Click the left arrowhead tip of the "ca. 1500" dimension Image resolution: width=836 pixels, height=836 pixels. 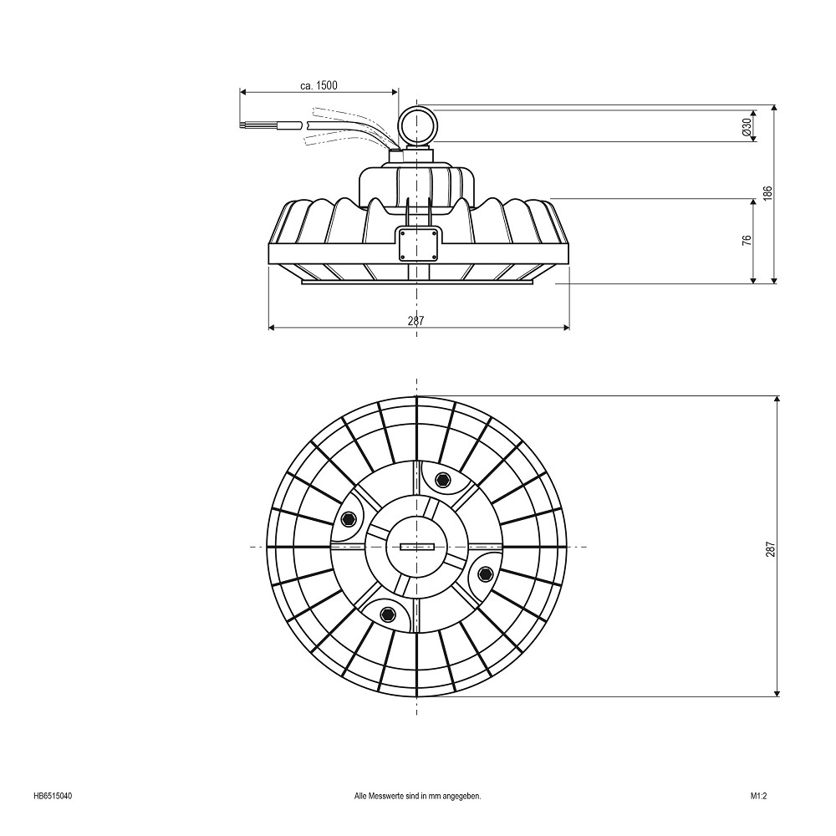click(x=240, y=92)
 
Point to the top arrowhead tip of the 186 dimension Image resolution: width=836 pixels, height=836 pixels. click(x=774, y=105)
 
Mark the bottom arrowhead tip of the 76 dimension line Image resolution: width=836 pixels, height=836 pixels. click(x=753, y=283)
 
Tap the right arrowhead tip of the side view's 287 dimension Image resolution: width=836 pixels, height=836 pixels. click(x=569, y=328)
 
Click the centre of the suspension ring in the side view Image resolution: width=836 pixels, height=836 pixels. click(x=417, y=126)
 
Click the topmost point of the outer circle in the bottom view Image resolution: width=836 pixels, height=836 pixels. click(x=417, y=396)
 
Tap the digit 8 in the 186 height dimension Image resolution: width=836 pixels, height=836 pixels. click(x=767, y=192)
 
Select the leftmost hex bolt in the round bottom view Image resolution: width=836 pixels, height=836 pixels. click(x=349, y=519)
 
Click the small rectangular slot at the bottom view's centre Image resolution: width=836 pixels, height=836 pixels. click(x=417, y=547)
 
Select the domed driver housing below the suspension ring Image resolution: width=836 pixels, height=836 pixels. click(x=417, y=183)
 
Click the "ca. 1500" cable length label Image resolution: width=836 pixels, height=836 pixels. click(x=319, y=85)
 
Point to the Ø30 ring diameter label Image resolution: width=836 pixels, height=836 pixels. click(x=747, y=126)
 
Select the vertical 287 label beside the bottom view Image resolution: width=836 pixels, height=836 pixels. click(x=771, y=549)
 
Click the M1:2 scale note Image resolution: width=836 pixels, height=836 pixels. click(x=759, y=797)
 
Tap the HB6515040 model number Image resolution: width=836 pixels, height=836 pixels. click(x=53, y=797)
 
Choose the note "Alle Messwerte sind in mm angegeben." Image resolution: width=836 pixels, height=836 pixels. click(x=417, y=797)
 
